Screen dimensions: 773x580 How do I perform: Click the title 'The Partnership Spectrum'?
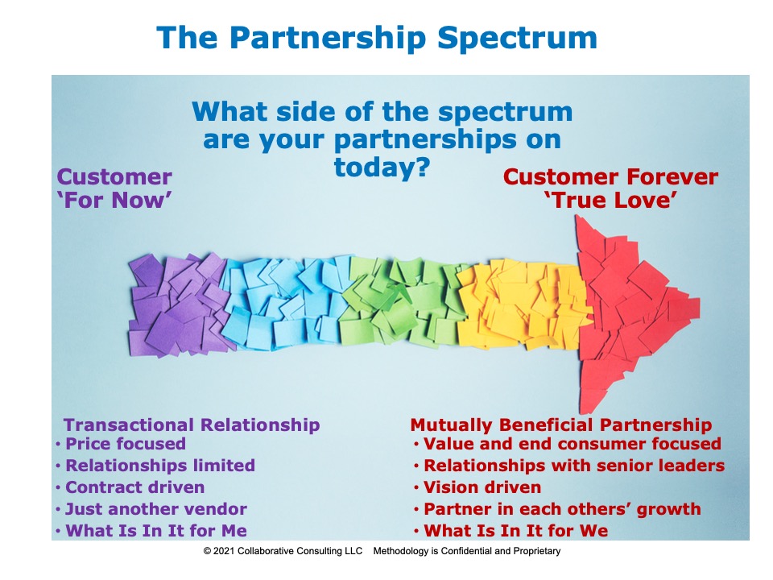pyautogui.click(x=377, y=39)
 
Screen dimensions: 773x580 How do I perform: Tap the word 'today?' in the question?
pyautogui.click(x=382, y=168)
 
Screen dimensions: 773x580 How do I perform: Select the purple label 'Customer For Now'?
pyautogui.click(x=114, y=188)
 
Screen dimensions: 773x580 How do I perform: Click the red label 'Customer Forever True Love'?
pyautogui.click(x=610, y=188)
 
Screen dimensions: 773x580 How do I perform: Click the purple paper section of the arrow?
pyautogui.click(x=177, y=304)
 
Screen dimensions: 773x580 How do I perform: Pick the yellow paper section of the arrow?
pyautogui.click(x=523, y=304)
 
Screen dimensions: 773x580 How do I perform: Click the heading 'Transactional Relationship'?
pyautogui.click(x=192, y=425)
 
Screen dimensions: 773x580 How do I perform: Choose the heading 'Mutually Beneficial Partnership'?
pyautogui.click(x=561, y=425)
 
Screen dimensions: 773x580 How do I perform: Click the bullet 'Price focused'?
pyautogui.click(x=126, y=443)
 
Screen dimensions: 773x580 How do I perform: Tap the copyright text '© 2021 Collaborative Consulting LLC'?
pyautogui.click(x=283, y=551)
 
